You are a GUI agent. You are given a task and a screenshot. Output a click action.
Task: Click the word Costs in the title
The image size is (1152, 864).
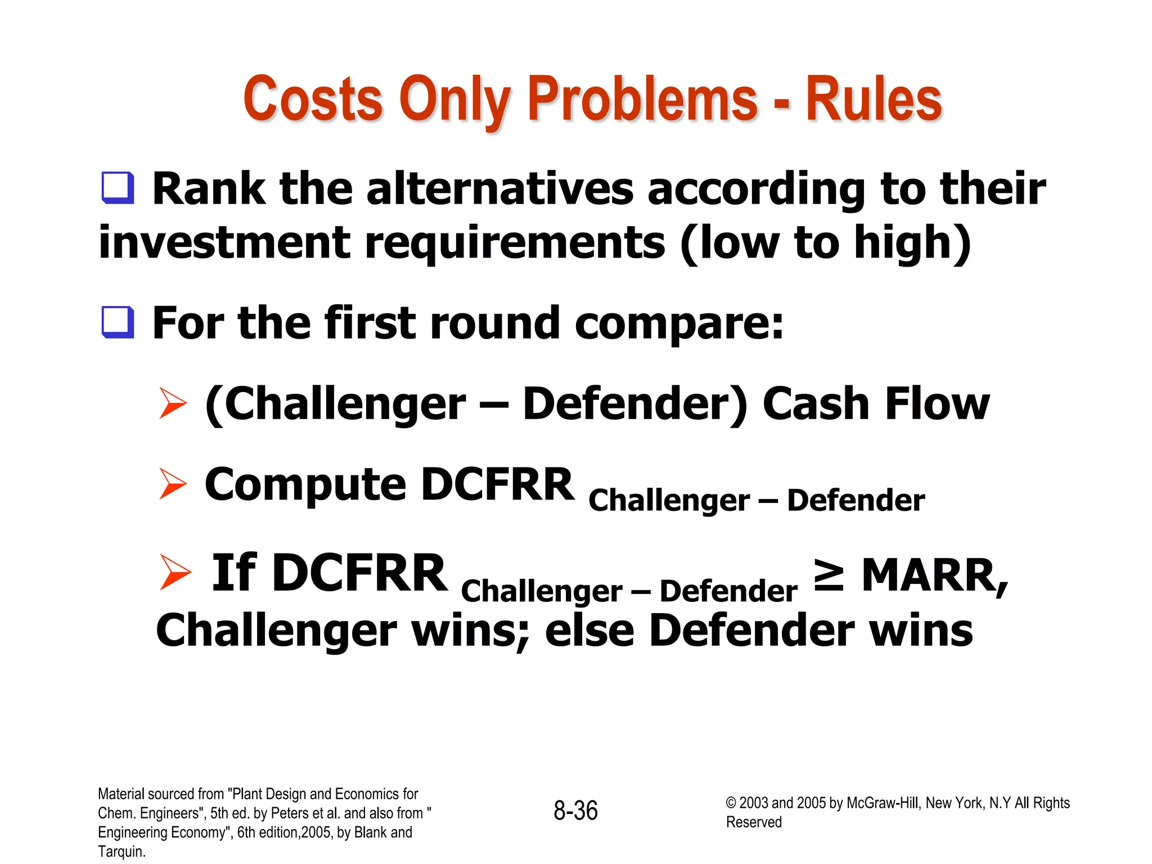[313, 100]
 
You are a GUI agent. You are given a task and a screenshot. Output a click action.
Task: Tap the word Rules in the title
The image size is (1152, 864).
[874, 100]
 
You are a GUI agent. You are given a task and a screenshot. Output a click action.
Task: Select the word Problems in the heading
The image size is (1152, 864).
[642, 100]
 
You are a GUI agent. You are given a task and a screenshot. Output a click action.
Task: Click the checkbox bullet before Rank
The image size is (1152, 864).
[118, 188]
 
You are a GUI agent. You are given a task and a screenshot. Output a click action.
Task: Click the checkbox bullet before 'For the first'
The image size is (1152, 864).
[118, 322]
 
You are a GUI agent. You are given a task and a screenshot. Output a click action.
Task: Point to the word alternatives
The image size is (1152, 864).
[500, 189]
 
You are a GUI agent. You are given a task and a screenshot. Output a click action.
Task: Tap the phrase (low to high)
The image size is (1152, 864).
[825, 242]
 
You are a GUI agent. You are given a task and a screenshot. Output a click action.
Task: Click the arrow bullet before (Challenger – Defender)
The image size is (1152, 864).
[172, 403]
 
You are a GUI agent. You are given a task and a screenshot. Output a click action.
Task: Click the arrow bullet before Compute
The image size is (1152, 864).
[172, 483]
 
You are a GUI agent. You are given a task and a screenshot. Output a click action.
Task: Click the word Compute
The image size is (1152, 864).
[305, 485]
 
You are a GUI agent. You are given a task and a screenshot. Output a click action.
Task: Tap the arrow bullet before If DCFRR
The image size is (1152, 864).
[174, 572]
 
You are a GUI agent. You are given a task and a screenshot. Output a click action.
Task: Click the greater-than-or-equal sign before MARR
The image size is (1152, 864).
[829, 575]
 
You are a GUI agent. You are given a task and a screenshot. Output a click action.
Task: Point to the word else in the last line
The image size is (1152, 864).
[589, 630]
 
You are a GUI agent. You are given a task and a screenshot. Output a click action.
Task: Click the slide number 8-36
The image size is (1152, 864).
[575, 811]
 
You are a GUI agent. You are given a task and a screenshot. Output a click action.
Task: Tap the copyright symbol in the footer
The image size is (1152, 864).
[731, 803]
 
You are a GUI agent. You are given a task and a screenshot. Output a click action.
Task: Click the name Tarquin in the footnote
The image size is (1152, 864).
[120, 852]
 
